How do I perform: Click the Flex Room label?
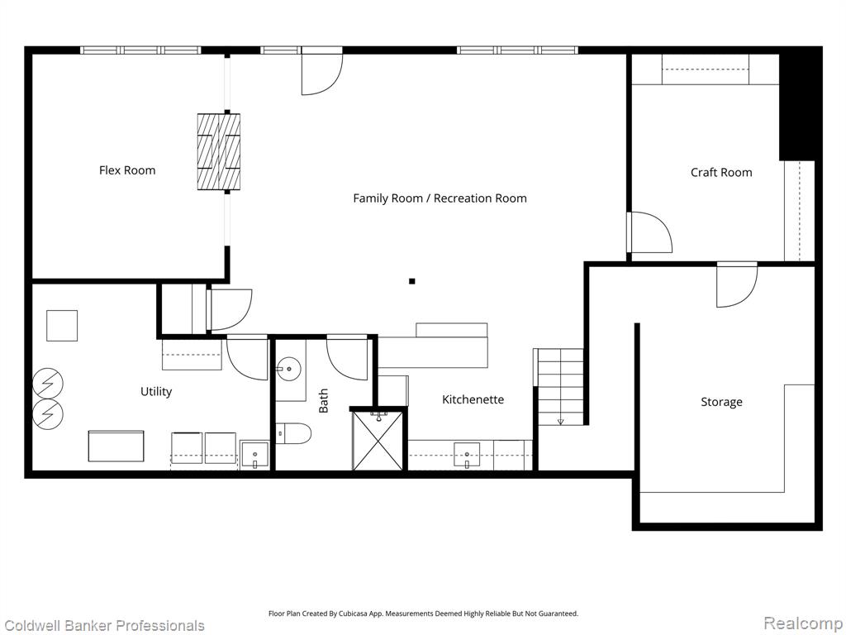(x=127, y=170)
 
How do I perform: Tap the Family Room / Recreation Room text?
(x=440, y=198)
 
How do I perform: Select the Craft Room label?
(x=721, y=173)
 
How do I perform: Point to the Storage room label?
(x=721, y=403)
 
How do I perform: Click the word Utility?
(x=156, y=392)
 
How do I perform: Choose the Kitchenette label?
(x=473, y=399)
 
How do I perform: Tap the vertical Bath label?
(x=323, y=401)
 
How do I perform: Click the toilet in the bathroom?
(x=293, y=433)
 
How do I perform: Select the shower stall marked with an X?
(x=378, y=441)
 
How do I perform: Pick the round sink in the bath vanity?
(x=289, y=370)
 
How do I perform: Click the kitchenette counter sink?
(x=468, y=455)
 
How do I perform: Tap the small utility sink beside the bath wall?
(x=254, y=455)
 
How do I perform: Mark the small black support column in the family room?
(x=411, y=281)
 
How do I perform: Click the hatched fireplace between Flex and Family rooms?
(x=218, y=152)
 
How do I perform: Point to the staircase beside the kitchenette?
(x=560, y=386)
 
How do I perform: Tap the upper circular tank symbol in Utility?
(x=48, y=384)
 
